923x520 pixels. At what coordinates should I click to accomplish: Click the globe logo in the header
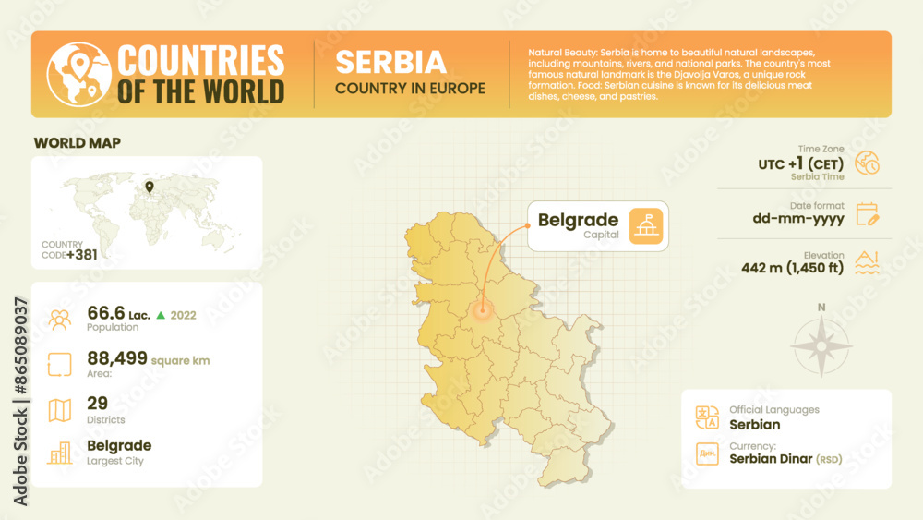pyautogui.click(x=78, y=74)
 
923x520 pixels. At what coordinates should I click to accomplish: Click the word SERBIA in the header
pyautogui.click(x=390, y=62)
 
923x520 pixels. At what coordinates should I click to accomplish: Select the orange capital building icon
pyautogui.click(x=646, y=226)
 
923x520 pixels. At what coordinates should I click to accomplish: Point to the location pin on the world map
pyautogui.click(x=149, y=187)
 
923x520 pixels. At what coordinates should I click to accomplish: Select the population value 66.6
pyautogui.click(x=105, y=314)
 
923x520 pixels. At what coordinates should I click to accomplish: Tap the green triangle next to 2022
pyautogui.click(x=161, y=315)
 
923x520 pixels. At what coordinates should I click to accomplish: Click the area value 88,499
pyautogui.click(x=117, y=358)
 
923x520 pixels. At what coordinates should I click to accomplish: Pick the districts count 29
pyautogui.click(x=98, y=403)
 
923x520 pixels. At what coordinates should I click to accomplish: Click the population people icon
pyautogui.click(x=60, y=320)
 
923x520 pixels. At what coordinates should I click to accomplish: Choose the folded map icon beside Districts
pyautogui.click(x=60, y=410)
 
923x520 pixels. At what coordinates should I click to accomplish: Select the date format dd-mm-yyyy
pyautogui.click(x=797, y=219)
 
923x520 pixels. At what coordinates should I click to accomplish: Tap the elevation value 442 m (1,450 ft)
pyautogui.click(x=793, y=269)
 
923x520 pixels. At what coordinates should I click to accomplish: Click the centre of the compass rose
pyautogui.click(x=821, y=346)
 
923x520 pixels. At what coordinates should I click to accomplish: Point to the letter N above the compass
pyautogui.click(x=821, y=308)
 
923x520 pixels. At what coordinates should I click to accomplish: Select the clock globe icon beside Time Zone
pyautogui.click(x=868, y=163)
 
